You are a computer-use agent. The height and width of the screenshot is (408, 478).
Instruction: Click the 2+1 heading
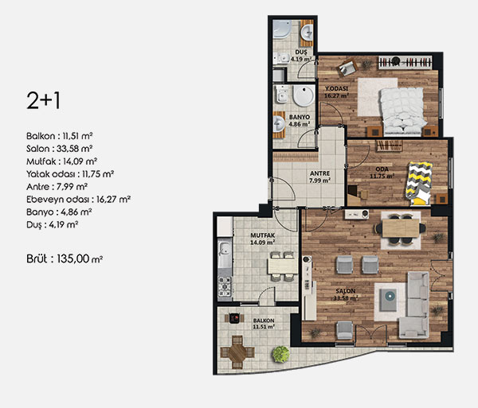[x=44, y=101]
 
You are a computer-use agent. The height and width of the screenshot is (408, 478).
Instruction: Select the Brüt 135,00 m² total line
[x=65, y=259]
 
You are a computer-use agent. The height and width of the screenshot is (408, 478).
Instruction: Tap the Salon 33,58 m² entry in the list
[x=60, y=149]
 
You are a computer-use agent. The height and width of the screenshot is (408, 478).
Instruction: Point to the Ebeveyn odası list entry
[x=78, y=200]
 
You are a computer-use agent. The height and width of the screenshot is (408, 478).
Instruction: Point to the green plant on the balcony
[x=280, y=354]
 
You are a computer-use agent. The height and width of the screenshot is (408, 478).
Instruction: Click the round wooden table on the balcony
[x=237, y=352]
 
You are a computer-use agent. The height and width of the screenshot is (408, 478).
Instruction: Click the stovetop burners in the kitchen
[x=225, y=286]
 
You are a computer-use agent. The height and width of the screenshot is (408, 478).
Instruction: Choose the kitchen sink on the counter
[x=225, y=248]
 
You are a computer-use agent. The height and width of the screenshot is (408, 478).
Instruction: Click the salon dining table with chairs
[x=401, y=228]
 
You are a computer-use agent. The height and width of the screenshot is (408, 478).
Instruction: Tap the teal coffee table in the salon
[x=389, y=300]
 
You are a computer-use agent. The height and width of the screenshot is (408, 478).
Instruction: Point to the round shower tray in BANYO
[x=304, y=96]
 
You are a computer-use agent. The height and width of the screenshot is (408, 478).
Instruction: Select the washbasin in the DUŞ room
[x=307, y=33]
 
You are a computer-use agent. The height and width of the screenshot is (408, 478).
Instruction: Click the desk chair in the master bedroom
[x=347, y=68]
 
